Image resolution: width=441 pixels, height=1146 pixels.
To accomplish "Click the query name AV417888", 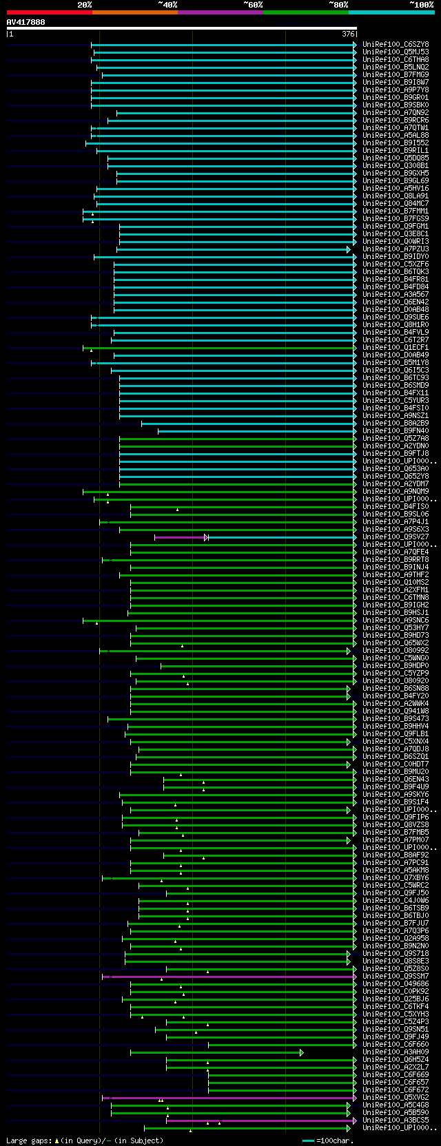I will point(26,22).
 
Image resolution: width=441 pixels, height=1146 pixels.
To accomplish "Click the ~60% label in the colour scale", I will point(253,4).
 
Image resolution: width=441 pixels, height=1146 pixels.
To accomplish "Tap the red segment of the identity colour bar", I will point(49,12).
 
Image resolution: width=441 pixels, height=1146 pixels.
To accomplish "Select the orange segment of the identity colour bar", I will point(134,12).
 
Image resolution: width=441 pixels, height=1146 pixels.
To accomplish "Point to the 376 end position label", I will point(348,34).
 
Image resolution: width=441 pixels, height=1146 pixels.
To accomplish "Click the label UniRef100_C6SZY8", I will point(396,45).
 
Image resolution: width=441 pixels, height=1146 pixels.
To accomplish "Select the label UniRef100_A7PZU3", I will point(396,249).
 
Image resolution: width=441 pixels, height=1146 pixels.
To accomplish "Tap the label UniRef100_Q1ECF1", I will point(396,348).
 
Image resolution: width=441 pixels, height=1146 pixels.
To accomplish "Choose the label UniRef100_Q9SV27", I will point(396,537).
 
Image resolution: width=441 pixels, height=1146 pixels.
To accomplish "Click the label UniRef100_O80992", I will point(396,651).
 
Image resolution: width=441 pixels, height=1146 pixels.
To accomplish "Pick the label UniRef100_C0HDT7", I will point(396,764).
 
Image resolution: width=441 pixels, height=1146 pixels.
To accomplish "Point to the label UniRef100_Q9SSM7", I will point(396,977).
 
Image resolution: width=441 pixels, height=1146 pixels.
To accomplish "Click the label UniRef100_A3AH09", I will point(396,1052).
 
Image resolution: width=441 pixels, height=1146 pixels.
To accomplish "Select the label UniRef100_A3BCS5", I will point(396,1121).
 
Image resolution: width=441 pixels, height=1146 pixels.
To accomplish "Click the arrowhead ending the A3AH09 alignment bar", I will point(302,1052).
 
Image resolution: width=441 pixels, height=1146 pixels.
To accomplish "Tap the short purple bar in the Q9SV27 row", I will point(179,537).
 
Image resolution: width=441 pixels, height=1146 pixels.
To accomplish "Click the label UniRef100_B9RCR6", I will point(396,121).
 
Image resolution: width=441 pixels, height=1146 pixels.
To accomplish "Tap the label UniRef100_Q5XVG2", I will point(396,1098).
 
